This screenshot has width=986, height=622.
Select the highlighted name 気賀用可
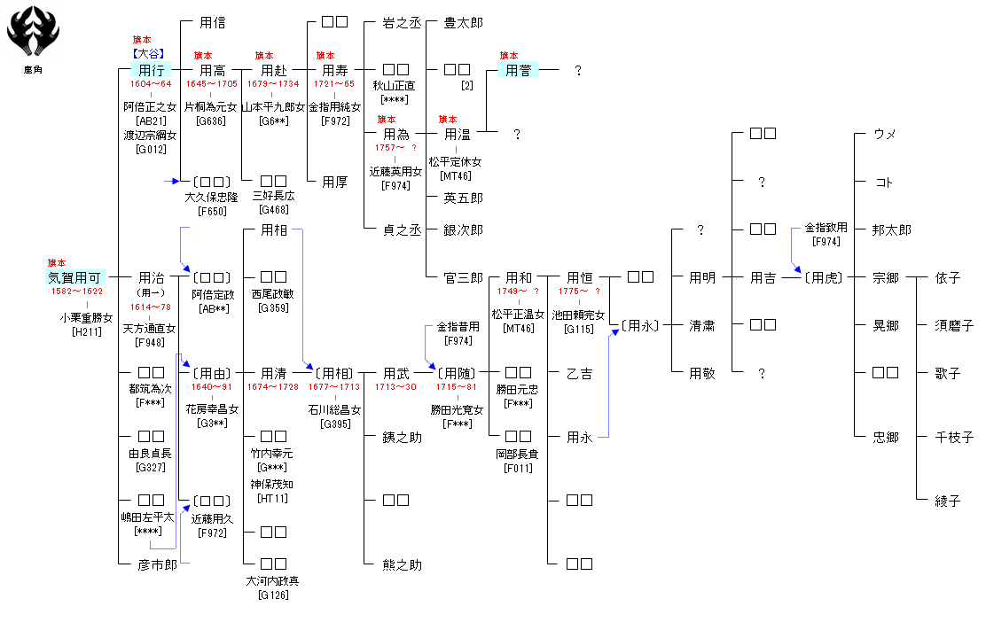[x=76, y=278]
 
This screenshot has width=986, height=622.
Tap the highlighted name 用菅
[x=518, y=70]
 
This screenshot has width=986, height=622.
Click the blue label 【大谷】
[x=147, y=54]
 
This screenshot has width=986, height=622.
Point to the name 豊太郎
[x=464, y=22]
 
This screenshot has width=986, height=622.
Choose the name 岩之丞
[x=402, y=22]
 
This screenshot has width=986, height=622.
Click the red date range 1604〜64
[x=150, y=84]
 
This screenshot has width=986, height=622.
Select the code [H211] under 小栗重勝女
[x=87, y=331]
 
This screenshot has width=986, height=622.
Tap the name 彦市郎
[x=158, y=564]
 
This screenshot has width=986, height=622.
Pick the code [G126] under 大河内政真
[x=273, y=595]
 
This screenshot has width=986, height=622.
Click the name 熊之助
[x=402, y=564]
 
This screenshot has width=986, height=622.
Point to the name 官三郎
[x=464, y=278]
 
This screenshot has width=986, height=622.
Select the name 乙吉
[x=580, y=374]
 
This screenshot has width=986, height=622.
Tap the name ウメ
[x=885, y=134]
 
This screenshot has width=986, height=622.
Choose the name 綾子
[x=947, y=501]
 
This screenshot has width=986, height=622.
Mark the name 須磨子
[x=947, y=326]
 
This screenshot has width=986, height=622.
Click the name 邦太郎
[x=891, y=230]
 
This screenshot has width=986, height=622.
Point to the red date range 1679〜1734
[x=273, y=84]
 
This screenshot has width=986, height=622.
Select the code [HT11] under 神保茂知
[x=271, y=499]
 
